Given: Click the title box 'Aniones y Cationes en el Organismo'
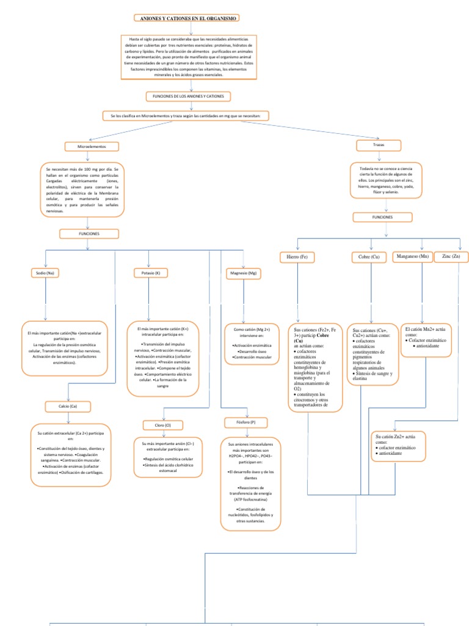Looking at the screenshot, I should tap(186, 19).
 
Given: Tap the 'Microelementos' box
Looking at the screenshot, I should tap(92, 147).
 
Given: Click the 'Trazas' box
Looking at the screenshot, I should tap(379, 145).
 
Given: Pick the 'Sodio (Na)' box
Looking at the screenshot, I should tap(46, 273).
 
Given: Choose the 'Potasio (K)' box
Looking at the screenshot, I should tap(149, 273).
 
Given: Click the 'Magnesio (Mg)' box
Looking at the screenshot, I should tap(243, 273).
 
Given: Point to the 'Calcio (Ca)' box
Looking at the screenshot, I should tap(68, 407).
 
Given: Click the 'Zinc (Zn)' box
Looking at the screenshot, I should tap(451, 256).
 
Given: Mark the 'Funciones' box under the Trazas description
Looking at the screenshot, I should tap(382, 217).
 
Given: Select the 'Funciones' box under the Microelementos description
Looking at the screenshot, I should tap(89, 234).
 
